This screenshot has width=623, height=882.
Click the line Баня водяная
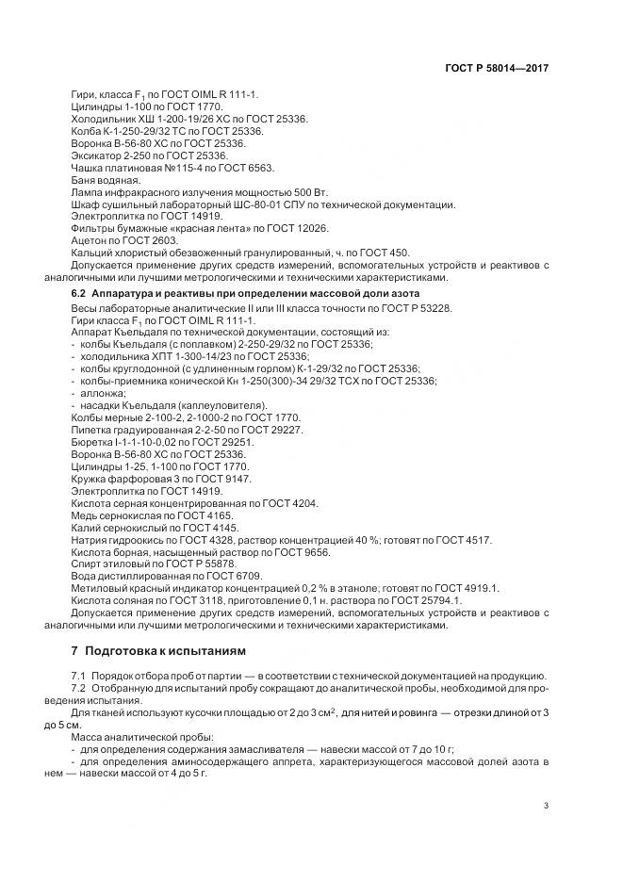[x=106, y=179]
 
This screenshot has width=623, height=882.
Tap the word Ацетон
[x=90, y=240]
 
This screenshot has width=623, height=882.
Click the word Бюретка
[x=93, y=441]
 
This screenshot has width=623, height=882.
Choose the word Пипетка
[x=93, y=429]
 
